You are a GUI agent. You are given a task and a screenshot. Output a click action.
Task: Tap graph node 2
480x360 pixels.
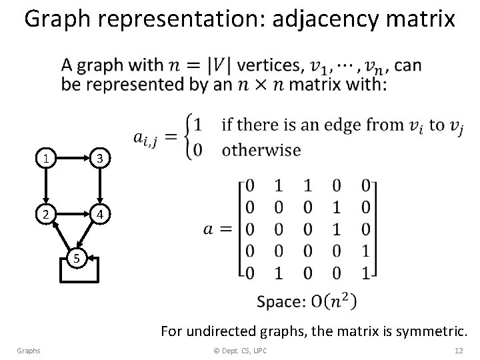click(x=45, y=215)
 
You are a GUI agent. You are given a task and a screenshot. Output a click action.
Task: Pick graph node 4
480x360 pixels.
click(x=98, y=215)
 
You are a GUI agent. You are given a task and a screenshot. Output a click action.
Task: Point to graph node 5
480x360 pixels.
click(x=77, y=257)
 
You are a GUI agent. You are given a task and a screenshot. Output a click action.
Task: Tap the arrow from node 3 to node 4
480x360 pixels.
click(x=99, y=187)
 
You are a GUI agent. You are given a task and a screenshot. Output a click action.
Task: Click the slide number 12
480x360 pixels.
click(x=458, y=351)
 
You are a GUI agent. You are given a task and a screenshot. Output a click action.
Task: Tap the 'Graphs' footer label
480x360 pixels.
click(x=29, y=351)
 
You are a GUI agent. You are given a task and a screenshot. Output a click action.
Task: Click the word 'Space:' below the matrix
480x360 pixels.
click(x=281, y=302)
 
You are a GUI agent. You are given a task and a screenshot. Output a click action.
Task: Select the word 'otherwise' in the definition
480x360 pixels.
click(x=261, y=149)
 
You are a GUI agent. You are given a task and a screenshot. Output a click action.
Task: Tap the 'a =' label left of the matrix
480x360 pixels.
click(x=217, y=229)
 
